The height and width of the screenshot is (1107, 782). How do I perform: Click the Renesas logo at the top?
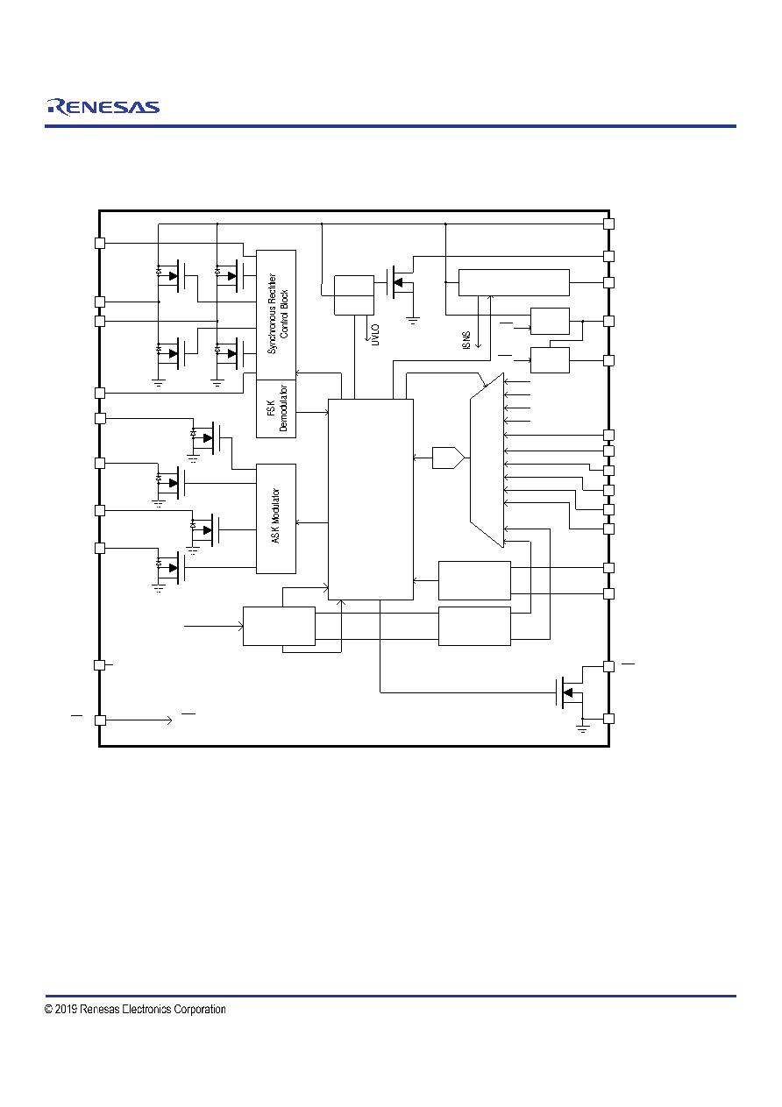(x=103, y=107)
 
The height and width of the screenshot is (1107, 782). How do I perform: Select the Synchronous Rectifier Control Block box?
(x=276, y=315)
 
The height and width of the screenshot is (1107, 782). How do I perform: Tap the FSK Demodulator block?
(x=276, y=408)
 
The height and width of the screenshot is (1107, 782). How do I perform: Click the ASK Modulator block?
(x=276, y=518)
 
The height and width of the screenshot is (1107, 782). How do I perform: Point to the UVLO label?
(x=375, y=335)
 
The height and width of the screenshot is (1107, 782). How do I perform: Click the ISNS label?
(x=466, y=340)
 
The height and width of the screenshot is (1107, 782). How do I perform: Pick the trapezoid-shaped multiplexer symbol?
(x=487, y=460)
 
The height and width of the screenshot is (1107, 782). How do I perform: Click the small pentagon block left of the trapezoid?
(x=448, y=458)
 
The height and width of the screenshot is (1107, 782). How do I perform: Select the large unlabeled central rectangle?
(x=371, y=499)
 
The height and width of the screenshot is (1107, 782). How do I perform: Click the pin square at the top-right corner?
(x=609, y=224)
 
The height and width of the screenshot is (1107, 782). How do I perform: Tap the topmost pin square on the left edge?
(x=100, y=243)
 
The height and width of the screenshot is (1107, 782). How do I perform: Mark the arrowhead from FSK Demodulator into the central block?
(x=326, y=412)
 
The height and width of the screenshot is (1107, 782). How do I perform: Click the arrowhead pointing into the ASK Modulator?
(x=299, y=522)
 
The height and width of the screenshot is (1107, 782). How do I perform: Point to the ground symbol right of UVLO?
(x=413, y=320)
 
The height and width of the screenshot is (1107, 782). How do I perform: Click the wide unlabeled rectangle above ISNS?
(x=514, y=283)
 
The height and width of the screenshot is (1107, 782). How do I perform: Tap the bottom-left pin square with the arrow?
(x=100, y=720)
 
